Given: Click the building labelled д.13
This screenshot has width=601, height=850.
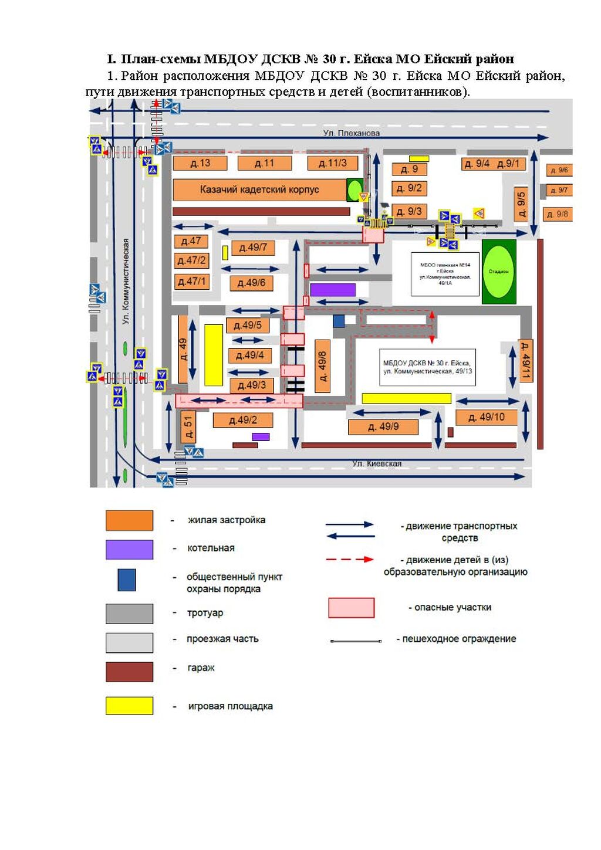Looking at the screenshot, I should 200,163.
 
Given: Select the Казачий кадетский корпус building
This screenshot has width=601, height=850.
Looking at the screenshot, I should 259,189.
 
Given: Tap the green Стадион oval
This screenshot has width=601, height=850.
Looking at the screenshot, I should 498,271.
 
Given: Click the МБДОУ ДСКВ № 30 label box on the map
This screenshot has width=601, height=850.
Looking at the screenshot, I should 427,367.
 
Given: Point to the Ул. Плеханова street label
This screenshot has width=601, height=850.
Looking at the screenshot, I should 351,133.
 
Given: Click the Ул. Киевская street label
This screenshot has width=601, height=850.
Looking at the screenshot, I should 377,463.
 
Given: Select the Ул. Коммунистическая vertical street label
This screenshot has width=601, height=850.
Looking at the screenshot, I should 126,282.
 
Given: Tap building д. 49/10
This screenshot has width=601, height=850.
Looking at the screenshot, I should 486,417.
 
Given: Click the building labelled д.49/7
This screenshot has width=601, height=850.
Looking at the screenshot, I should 252,248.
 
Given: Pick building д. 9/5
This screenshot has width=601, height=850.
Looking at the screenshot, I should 521,202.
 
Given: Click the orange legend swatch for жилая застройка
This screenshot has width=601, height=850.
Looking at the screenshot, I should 129,520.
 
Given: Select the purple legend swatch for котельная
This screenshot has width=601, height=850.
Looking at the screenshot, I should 129,550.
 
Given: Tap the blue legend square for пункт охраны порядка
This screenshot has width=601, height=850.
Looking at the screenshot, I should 126,580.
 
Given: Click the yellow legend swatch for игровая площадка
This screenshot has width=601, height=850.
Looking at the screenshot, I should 129,706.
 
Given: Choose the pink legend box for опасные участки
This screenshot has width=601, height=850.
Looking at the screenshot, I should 351,608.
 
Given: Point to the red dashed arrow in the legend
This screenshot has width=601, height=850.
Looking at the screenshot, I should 350,560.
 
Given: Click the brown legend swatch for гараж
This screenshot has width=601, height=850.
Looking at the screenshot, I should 129,672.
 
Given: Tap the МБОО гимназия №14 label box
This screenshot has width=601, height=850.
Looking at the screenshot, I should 444,274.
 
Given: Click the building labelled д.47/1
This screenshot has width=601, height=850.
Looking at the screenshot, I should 192,282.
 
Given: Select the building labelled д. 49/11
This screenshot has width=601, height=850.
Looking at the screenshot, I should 526,361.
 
